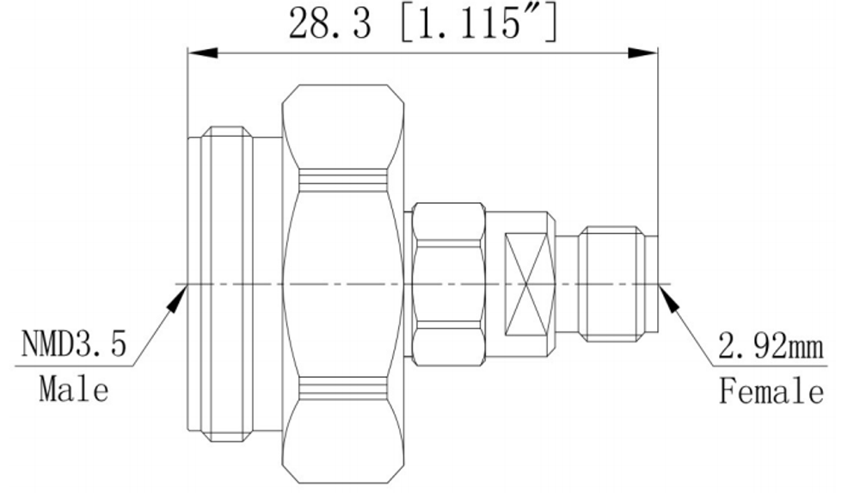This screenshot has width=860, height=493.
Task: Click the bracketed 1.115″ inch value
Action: pos(478,23)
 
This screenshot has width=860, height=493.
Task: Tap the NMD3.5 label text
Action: pos(73,343)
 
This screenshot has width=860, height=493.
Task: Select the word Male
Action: pos(74,390)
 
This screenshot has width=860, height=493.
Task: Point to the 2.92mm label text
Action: pos(771,347)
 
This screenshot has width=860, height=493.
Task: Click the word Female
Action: pos(771,391)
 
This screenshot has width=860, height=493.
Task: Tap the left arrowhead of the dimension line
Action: pos(203,52)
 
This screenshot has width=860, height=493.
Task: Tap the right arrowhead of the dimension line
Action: pos(642,52)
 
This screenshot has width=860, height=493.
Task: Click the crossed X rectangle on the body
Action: pos(526,285)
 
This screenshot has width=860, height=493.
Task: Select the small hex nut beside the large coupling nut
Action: pos(449,285)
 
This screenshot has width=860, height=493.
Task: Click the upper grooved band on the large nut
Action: pos(343,177)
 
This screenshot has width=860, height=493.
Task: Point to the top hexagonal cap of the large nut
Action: pos(343,126)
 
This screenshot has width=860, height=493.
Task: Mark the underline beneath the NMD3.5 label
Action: pos(74,365)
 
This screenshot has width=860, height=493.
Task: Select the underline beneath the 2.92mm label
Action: pos(770,367)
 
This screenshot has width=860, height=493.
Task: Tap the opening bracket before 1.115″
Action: pos(407,23)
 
